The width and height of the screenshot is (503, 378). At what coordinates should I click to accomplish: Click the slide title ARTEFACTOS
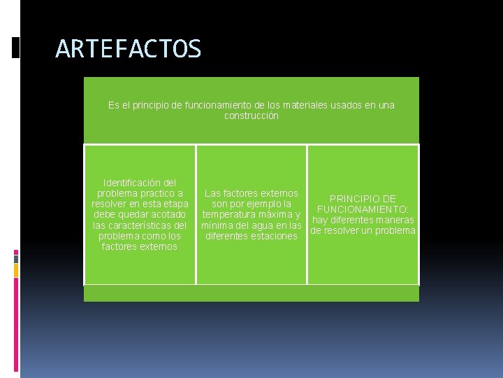(x=129, y=49)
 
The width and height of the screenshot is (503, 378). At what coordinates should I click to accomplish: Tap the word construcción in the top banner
(x=251, y=115)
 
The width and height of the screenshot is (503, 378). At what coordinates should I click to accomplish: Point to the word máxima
(x=275, y=214)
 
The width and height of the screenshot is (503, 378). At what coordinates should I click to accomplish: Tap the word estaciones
(x=268, y=236)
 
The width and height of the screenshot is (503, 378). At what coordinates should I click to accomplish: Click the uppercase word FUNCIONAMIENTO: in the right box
(x=363, y=209)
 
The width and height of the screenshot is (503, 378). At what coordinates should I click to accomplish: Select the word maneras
(x=394, y=220)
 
